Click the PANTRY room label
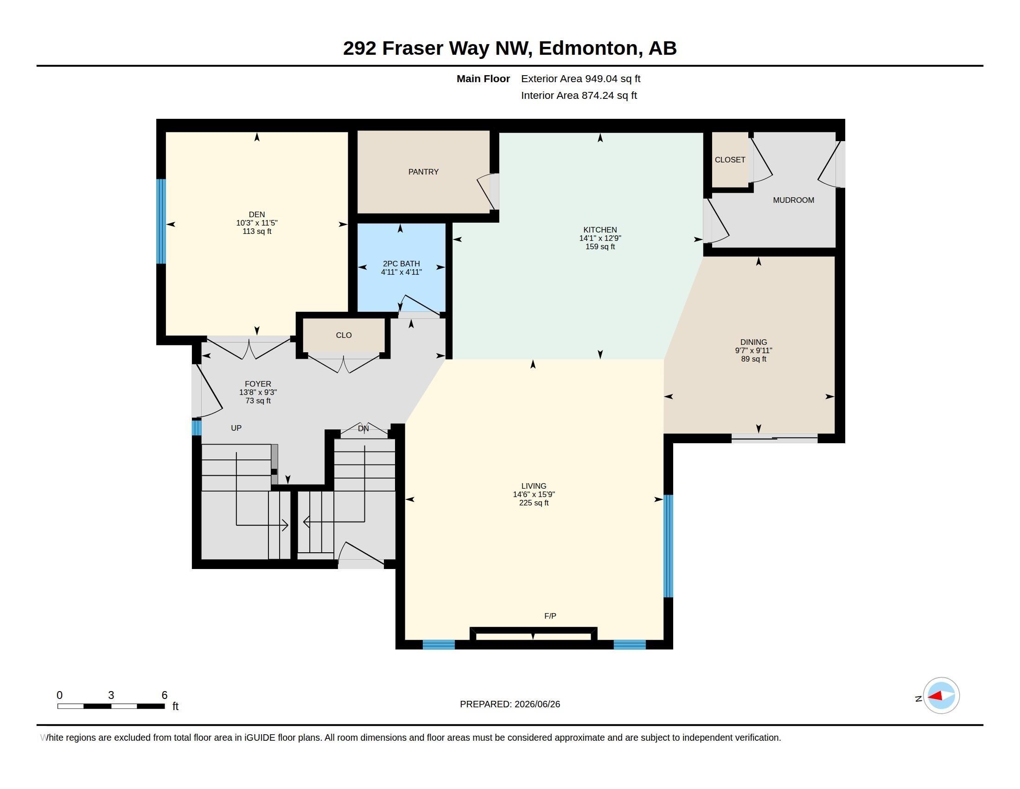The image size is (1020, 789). tap(423, 172)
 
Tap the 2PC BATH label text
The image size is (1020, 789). tap(401, 264)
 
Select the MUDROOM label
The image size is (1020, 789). tap(793, 200)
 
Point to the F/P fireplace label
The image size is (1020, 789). tap(550, 616)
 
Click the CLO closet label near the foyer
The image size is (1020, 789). tap(344, 335)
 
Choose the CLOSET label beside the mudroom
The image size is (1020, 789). tap(729, 160)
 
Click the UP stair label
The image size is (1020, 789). tap(236, 428)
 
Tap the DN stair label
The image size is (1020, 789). tap(363, 428)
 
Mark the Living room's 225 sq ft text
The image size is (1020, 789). tap(534, 503)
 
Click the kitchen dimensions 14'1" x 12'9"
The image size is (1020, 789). tap(600, 238)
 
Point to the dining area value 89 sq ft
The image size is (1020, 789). tap(753, 359)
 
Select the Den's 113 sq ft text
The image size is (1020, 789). tap(257, 232)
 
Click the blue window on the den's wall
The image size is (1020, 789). tap(161, 221)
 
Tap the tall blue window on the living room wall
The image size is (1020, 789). tap(668, 546)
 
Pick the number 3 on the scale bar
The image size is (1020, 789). tap(111, 695)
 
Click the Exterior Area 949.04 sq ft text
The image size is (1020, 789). tap(580, 78)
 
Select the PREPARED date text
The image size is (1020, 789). tap(510, 704)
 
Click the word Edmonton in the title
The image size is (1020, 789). tap(590, 48)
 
